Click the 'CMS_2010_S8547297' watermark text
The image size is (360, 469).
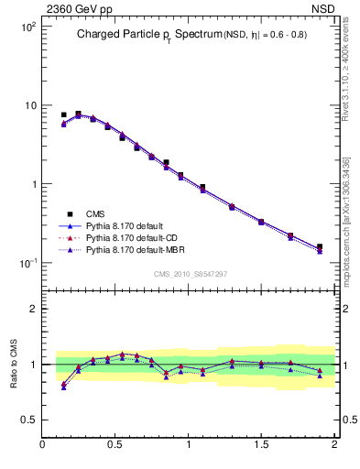[190, 274]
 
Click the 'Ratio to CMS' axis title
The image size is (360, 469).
[14, 365]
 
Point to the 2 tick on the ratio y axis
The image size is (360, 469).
[33, 309]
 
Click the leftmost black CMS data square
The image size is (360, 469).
[63, 115]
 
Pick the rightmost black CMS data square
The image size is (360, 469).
[320, 246]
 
